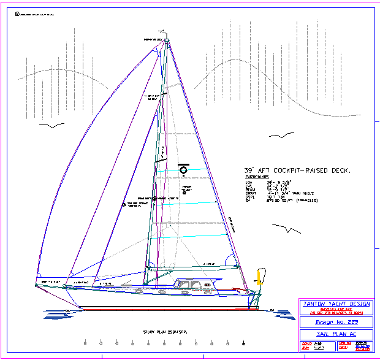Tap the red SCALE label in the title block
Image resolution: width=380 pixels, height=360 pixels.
tap(305, 344)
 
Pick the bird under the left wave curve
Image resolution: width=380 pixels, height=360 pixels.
tap(51, 126)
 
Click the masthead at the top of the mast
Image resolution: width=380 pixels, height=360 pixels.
tap(167, 40)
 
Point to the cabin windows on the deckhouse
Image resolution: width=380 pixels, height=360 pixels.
tap(191, 284)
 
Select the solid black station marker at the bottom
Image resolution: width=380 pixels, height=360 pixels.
tap(245, 342)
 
